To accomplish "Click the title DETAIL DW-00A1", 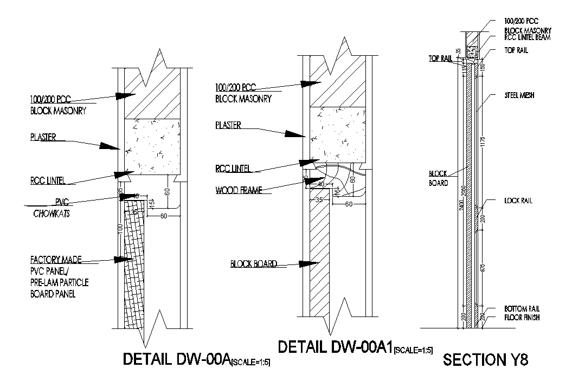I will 335,347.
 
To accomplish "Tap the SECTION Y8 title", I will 485,360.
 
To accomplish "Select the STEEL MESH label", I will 519,95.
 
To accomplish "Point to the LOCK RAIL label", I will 518,201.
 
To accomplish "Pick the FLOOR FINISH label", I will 522,318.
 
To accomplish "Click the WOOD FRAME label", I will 239,190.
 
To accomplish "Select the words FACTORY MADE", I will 56,260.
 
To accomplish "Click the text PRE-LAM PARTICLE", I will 60,283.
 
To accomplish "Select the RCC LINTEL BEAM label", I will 527,38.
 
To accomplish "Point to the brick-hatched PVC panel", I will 135,266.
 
